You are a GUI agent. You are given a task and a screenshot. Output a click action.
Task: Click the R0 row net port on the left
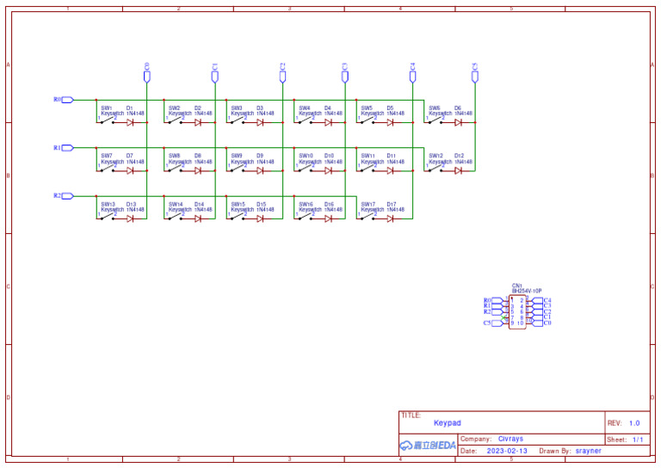(x=66, y=100)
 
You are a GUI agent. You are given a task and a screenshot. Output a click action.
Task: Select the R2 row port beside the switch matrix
(x=66, y=196)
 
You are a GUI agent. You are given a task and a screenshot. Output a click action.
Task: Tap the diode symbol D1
(x=130, y=123)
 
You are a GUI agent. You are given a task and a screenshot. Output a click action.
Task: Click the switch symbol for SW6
(x=437, y=122)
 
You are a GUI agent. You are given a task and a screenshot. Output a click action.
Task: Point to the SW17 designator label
(x=368, y=205)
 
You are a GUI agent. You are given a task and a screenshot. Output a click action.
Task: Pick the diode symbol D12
(x=458, y=171)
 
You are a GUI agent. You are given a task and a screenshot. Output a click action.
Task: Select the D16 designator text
(x=329, y=205)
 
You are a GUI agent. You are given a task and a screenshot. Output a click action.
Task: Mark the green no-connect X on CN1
(x=505, y=317)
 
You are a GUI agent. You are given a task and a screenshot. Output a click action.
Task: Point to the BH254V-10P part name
(x=526, y=292)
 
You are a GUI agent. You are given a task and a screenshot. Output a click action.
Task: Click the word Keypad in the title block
(x=448, y=423)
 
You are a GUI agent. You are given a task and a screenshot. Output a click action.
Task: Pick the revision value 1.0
(x=634, y=423)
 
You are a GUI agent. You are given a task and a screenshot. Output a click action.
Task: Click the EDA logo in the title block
(x=428, y=446)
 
